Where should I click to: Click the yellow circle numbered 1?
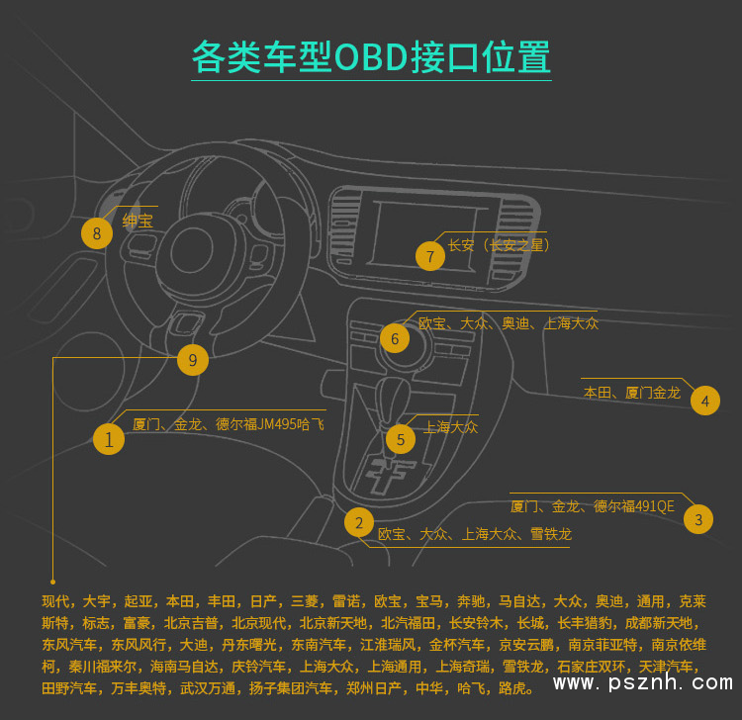pos(109,438)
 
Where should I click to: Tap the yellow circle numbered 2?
pos(359,522)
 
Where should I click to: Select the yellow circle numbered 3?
pos(698,519)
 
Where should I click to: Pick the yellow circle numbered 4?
pos(704,401)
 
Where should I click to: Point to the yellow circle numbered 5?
pos(401,439)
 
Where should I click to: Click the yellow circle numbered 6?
pos(395,338)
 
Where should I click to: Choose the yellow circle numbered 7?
pos(430,256)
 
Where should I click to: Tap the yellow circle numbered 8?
pos(97,233)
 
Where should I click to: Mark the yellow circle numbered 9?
pos(193,360)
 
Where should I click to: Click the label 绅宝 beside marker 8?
pos(138,221)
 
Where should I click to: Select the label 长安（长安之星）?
pos(499,245)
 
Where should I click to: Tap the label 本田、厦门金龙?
pos(632,393)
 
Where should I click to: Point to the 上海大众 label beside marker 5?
pos(450,427)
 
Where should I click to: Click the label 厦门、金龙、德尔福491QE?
pos(592,506)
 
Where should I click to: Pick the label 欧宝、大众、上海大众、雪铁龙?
pos(475,534)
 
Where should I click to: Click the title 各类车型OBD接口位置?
pos(371,57)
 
